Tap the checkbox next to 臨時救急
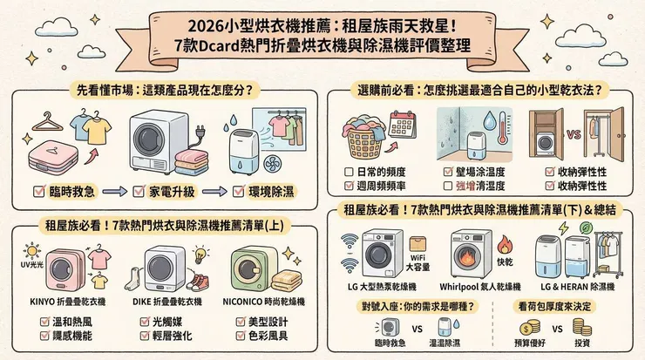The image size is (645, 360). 38,189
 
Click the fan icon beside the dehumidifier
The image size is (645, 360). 230,130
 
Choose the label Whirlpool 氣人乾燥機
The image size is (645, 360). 466,288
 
